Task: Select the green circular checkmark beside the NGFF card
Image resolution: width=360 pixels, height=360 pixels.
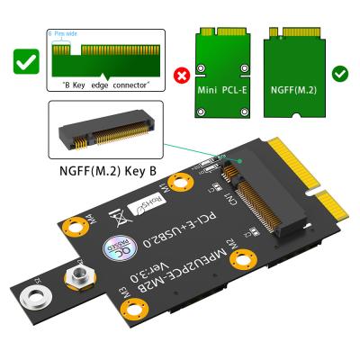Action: click(x=341, y=73)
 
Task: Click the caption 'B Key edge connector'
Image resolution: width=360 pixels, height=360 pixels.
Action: click(x=105, y=85)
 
